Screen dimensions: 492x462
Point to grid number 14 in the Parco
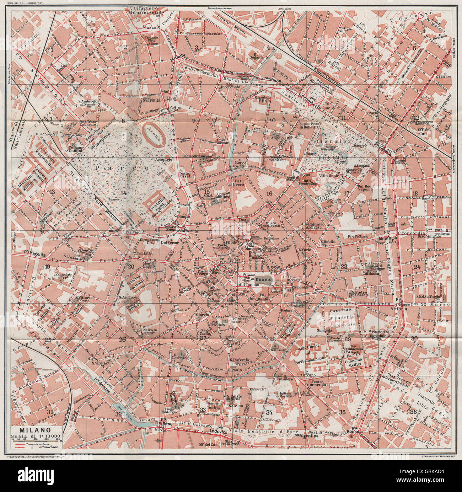(123, 193)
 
